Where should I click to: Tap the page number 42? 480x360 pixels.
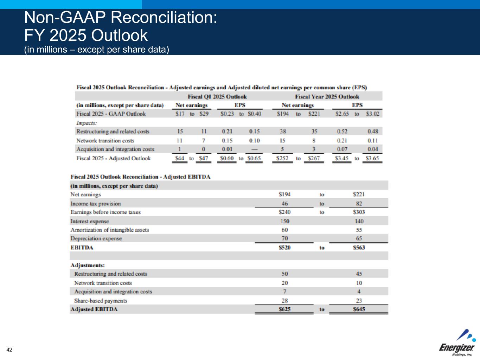pyautogui.click(x=9, y=349)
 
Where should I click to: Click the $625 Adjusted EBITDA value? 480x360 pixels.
pyautogui.click(x=284, y=309)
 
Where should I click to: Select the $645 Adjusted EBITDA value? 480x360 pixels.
pyautogui.click(x=359, y=309)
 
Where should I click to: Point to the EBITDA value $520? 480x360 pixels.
pyautogui.click(x=284, y=247)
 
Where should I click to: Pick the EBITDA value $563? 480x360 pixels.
pyautogui.click(x=359, y=247)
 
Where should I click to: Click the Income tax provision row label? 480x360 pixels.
pyautogui.click(x=95, y=204)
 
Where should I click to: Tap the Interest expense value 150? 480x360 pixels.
pyautogui.click(x=284, y=221)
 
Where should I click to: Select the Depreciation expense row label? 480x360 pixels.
pyautogui.click(x=96, y=239)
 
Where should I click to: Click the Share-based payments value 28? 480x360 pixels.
pyautogui.click(x=284, y=301)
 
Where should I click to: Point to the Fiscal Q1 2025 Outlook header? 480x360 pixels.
pyautogui.click(x=217, y=96)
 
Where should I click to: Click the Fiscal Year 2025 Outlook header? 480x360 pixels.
pyautogui.click(x=327, y=96)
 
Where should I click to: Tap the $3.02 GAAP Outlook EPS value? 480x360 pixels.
pyautogui.click(x=373, y=114)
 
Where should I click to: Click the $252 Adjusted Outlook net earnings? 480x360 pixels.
pyautogui.click(x=282, y=158)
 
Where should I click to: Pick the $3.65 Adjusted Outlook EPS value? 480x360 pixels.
pyautogui.click(x=372, y=158)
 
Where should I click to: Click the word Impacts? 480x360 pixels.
pyautogui.click(x=87, y=123)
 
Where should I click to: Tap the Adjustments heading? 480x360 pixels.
pyautogui.click(x=88, y=265)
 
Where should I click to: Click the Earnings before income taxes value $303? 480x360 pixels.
pyautogui.click(x=359, y=212)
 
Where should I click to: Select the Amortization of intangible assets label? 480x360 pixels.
pyautogui.click(x=109, y=230)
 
